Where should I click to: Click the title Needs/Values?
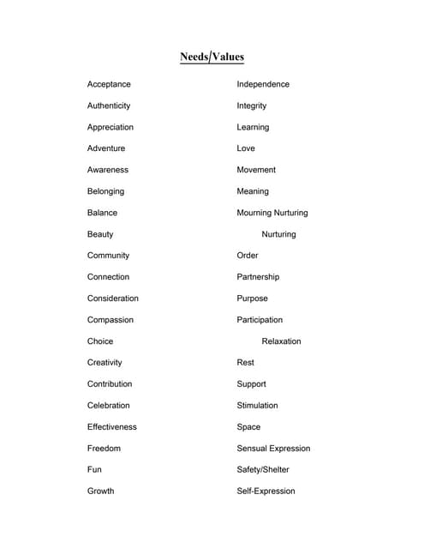point(212,57)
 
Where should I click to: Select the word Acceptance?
point(109,84)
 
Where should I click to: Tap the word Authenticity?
point(109,106)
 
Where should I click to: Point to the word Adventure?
point(106,148)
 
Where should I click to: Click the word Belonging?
point(105,191)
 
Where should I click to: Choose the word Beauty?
point(100,234)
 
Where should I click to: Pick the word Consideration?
point(112,299)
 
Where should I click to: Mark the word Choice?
point(100,341)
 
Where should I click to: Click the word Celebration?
point(109,406)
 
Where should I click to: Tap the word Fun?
point(94,470)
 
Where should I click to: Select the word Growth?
point(100,492)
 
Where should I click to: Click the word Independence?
point(263,84)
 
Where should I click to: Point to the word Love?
point(246,148)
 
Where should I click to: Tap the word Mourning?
point(254,213)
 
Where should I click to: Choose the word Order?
point(248,256)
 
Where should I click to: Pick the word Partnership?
point(258,277)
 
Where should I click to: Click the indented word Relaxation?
point(281,341)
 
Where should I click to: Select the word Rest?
point(246,363)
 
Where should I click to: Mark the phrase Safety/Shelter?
point(263,470)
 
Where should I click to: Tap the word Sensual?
point(253,449)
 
